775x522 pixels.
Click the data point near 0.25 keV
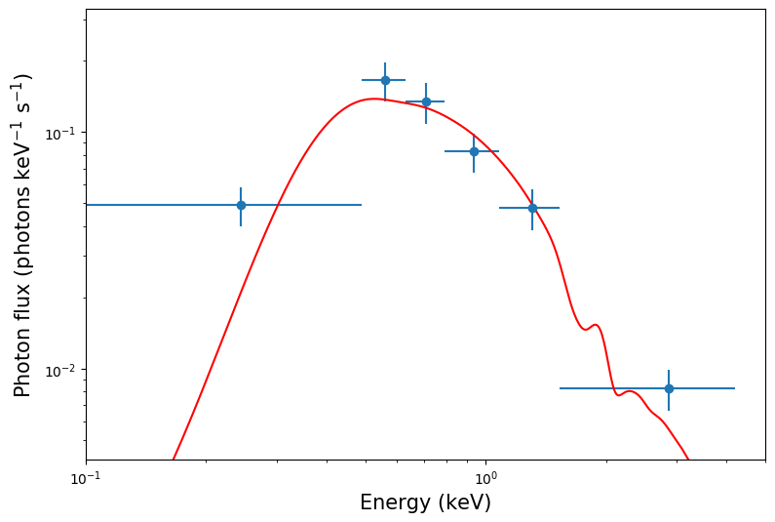click(241, 205)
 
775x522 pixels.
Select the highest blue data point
click(385, 80)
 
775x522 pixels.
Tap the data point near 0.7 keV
click(426, 101)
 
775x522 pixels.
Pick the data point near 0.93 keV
click(474, 151)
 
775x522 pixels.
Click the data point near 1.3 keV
click(532, 208)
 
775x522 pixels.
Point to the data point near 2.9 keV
click(669, 388)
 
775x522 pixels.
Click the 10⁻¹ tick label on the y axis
click(62, 133)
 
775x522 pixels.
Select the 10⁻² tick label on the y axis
click(62, 370)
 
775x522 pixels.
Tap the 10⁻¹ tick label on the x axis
click(86, 478)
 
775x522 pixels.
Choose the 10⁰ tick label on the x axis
click(485, 478)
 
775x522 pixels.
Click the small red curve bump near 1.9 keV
click(594, 325)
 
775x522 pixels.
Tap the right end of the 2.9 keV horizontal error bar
click(735, 388)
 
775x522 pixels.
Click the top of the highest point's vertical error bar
click(385, 62)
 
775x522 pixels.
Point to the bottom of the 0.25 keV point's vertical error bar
click(241, 226)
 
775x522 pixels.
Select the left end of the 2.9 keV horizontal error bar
click(561, 388)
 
